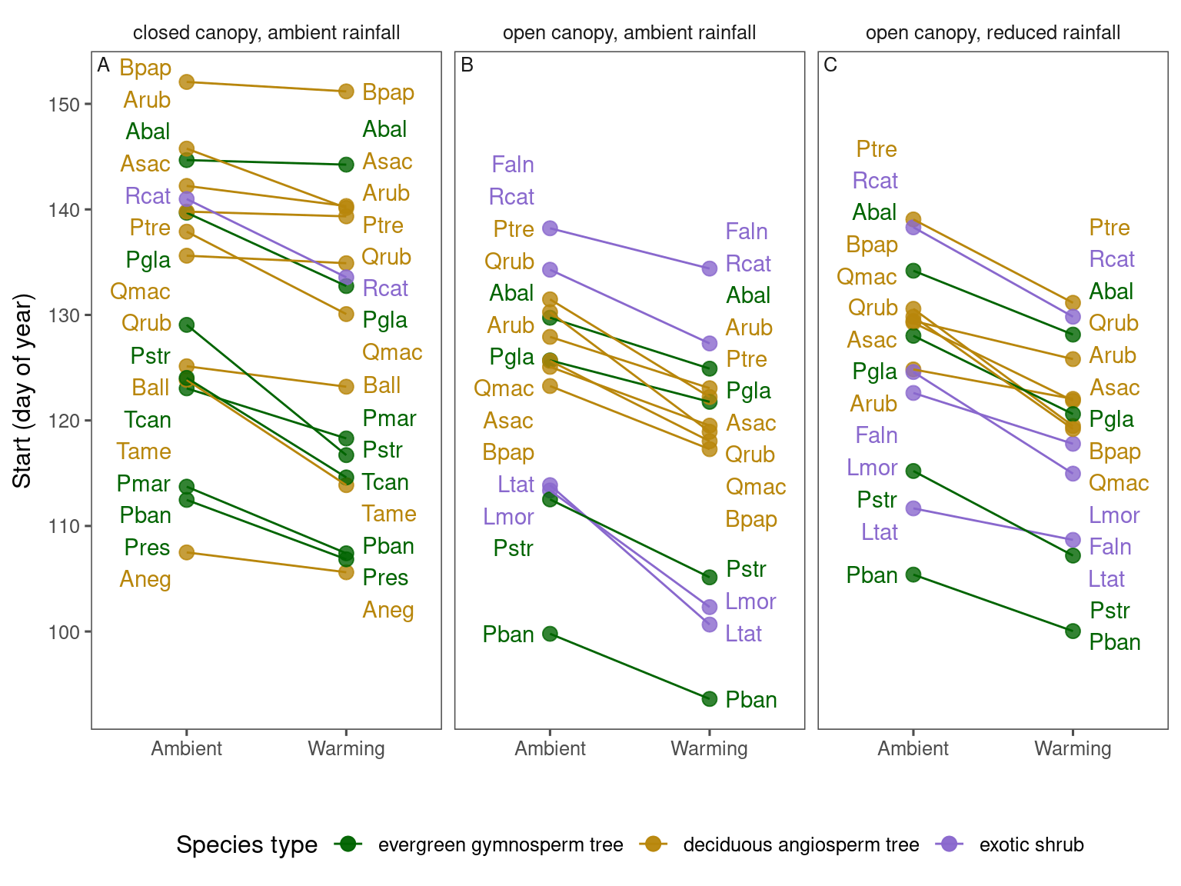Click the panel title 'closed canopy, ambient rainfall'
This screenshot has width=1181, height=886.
[x=266, y=33]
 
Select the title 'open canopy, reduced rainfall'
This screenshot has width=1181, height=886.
[x=993, y=33]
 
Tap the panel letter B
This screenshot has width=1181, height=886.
[x=467, y=65]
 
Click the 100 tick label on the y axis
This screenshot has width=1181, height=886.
[x=64, y=632]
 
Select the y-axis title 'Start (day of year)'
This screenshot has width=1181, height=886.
[x=23, y=390]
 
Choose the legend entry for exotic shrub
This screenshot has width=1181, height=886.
[x=1031, y=844]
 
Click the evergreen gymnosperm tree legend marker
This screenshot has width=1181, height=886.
[x=348, y=844]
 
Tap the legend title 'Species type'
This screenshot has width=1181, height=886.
[x=247, y=844]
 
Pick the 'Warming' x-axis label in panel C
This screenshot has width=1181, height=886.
[x=1073, y=748]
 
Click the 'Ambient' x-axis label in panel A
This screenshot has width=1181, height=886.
[x=187, y=748]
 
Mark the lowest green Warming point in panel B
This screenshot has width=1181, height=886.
[x=710, y=699]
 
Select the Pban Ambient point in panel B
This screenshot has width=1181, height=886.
[x=550, y=634]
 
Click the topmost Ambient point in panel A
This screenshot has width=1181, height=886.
[x=186, y=82]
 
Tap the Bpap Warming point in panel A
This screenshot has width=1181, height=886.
[x=346, y=92]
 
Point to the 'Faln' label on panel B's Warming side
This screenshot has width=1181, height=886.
[x=747, y=231]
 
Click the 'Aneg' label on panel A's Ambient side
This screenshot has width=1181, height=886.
[x=145, y=579]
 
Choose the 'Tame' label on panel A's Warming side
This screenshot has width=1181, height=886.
[x=389, y=514]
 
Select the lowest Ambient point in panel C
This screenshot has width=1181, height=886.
[x=913, y=575]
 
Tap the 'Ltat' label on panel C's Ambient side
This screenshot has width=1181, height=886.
[x=880, y=532]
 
